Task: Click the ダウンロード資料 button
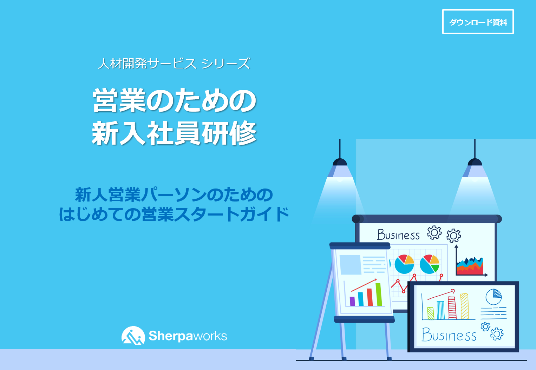pos(478,22)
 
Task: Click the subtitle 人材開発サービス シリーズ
pos(174,64)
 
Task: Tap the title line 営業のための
pos(174,101)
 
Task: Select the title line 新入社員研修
pos(174,133)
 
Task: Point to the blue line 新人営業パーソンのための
pos(174,195)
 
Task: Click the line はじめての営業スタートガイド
pos(174,214)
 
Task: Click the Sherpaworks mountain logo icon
pos(133,336)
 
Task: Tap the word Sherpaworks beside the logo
pos(188,336)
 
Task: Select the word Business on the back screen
pos(398,235)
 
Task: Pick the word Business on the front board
pos(449,335)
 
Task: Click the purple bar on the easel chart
pos(352,301)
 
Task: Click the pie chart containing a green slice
pos(430,264)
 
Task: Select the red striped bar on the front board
pos(452,308)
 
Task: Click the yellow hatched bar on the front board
pos(464,306)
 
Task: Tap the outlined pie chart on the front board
pos(493,297)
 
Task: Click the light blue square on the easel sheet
pos(350,265)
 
